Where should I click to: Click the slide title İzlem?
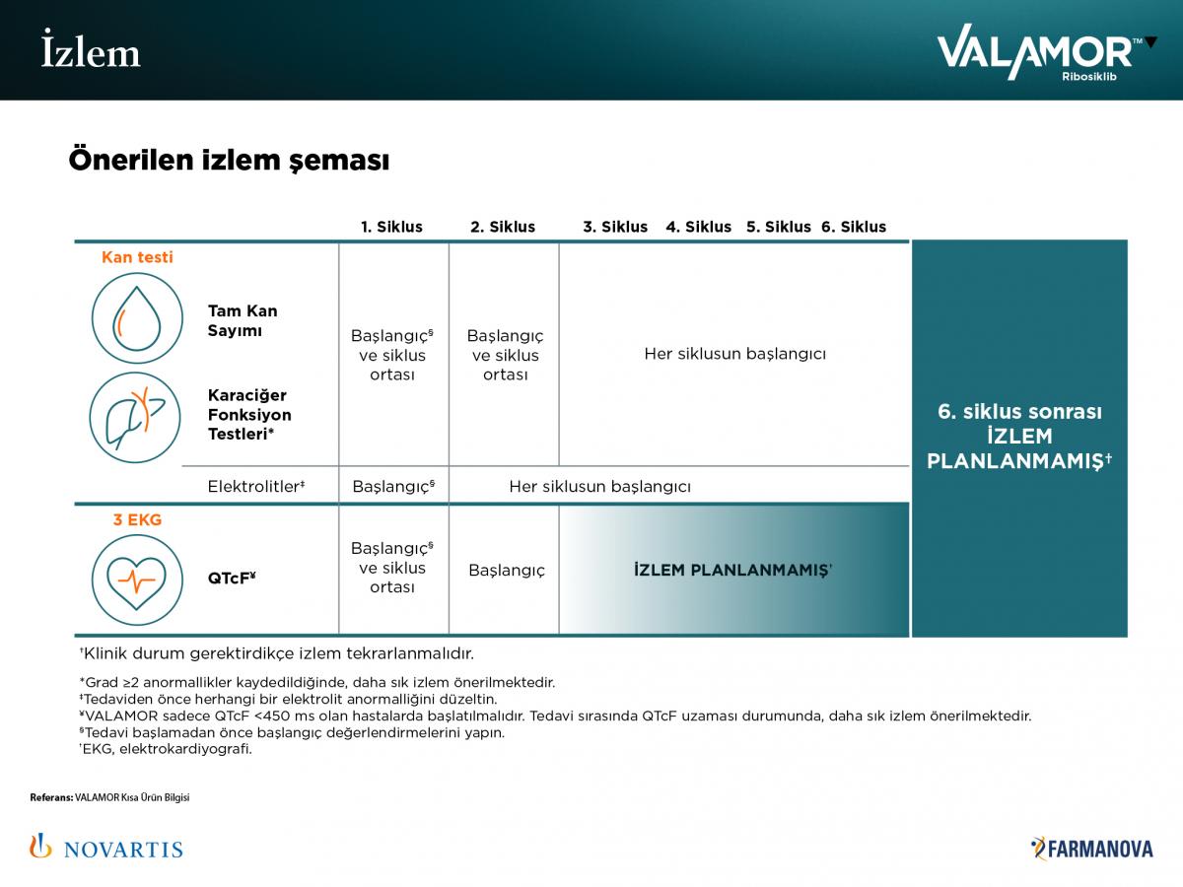pyautogui.click(x=91, y=51)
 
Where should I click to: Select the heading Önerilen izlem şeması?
pyautogui.click(x=229, y=160)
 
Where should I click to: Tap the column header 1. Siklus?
pyautogui.click(x=391, y=227)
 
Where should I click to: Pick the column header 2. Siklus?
pyautogui.click(x=503, y=227)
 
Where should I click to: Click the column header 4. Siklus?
pyautogui.click(x=699, y=227)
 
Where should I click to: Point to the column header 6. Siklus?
pyautogui.click(x=854, y=227)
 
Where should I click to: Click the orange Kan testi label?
pyautogui.click(x=137, y=257)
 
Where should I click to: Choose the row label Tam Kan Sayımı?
pyautogui.click(x=243, y=320)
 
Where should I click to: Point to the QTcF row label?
pyautogui.click(x=232, y=580)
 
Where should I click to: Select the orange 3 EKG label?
pyautogui.click(x=137, y=519)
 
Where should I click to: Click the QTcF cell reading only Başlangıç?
pyautogui.click(x=507, y=571)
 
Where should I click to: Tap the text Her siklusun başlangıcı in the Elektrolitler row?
pyautogui.click(x=599, y=487)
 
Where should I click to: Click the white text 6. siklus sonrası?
pyautogui.click(x=1019, y=412)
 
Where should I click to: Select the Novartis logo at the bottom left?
pyautogui.click(x=106, y=847)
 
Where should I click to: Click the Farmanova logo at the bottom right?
pyautogui.click(x=1091, y=848)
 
